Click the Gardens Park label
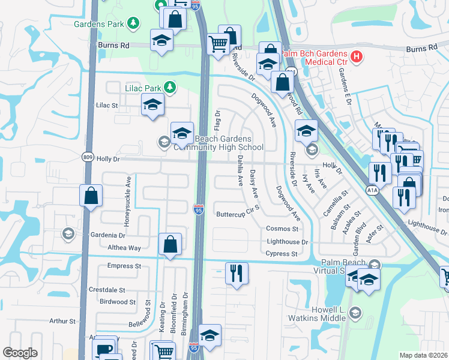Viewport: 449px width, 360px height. point(98,24)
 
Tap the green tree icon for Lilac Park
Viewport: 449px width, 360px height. point(170,88)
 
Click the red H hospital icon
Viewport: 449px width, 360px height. point(357,57)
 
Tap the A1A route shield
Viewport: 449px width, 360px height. point(373,190)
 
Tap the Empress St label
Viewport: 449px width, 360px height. point(124,266)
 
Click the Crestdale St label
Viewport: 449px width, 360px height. point(106,289)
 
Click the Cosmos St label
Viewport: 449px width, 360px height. point(282,229)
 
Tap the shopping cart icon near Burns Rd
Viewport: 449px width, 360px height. point(217,43)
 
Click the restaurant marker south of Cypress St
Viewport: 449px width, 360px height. point(237,273)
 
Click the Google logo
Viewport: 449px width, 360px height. point(20,353)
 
